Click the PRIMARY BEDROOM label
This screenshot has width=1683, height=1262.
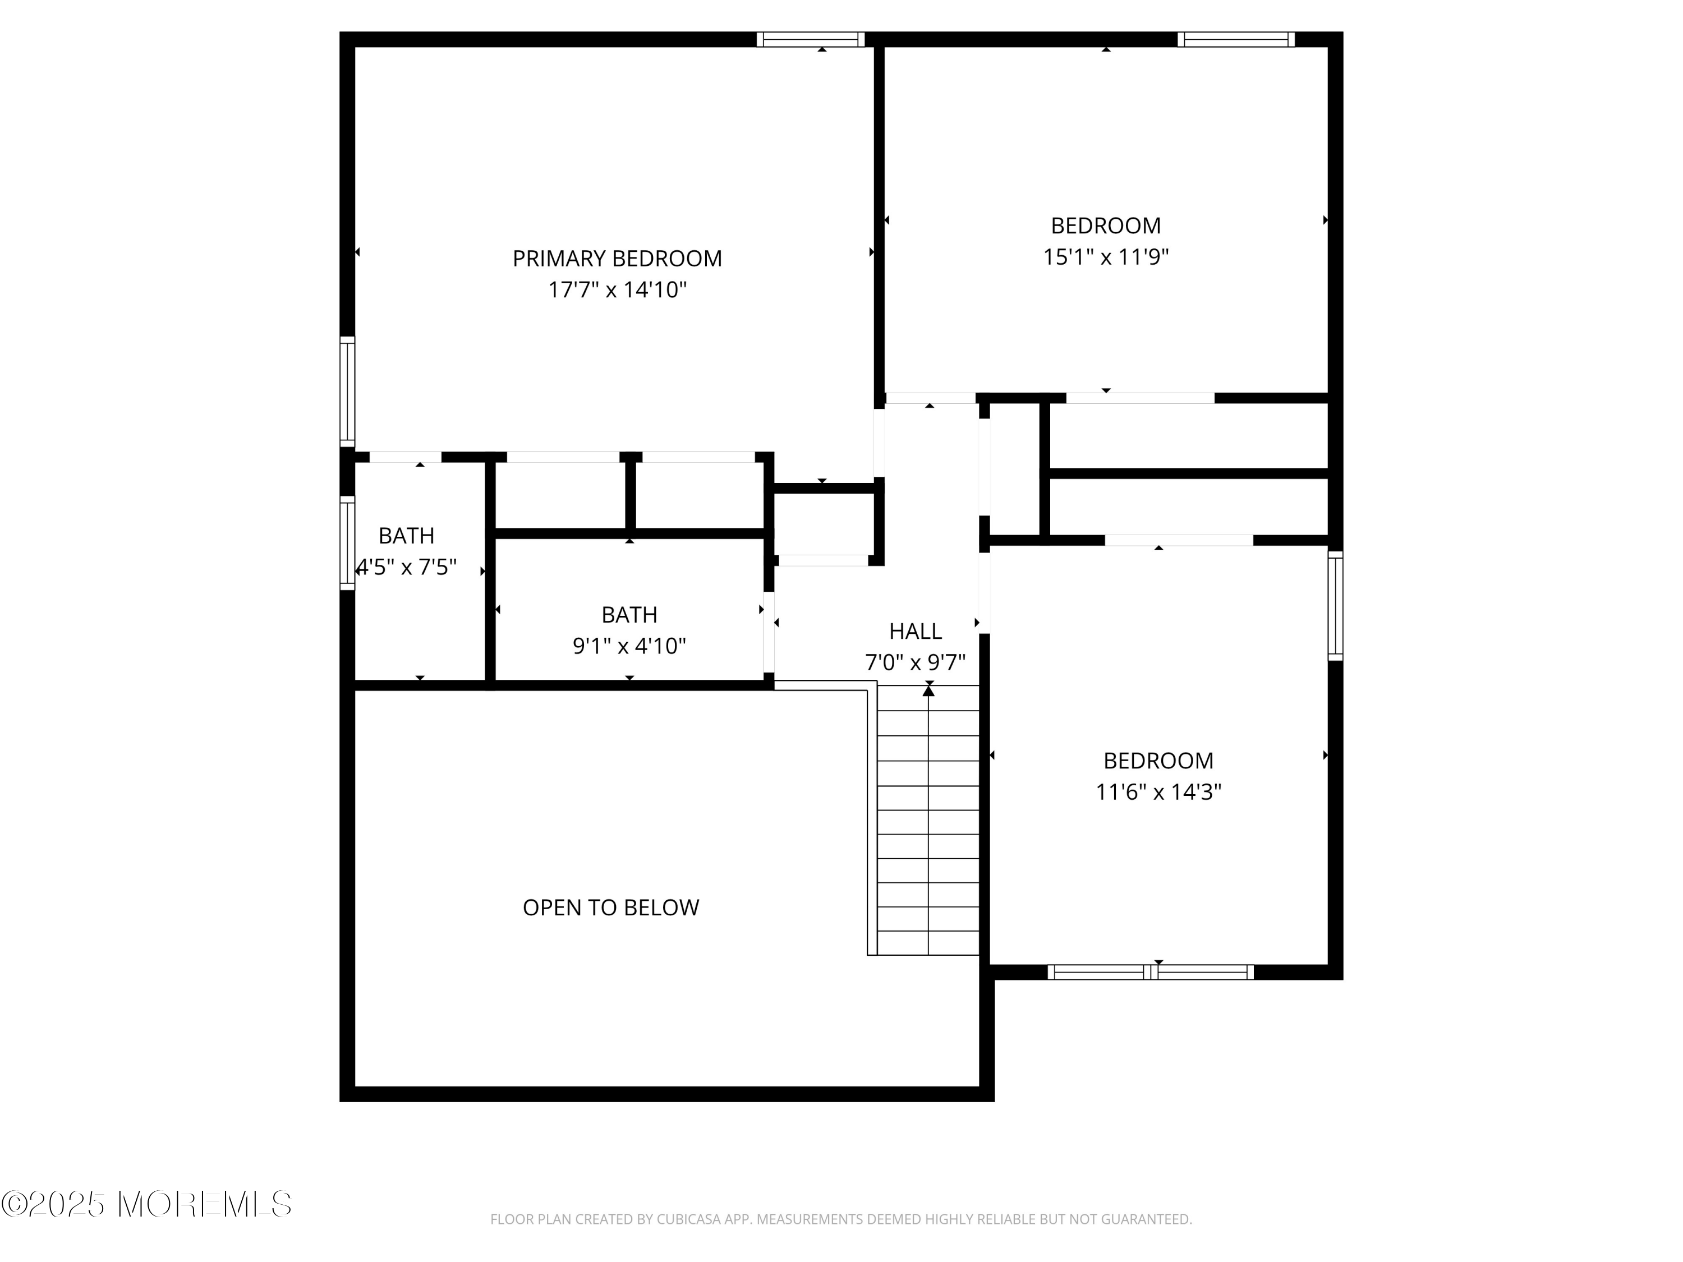617,259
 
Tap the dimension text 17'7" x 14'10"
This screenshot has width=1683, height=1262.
617,290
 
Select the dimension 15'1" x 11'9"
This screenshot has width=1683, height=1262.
1106,257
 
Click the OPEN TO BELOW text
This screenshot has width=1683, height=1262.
611,908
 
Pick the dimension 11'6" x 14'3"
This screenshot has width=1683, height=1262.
1158,792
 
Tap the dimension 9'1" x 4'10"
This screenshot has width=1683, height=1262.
629,646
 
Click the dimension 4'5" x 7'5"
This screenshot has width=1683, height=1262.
407,568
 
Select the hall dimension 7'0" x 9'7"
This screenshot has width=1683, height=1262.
916,662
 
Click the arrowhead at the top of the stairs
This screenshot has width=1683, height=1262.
928,690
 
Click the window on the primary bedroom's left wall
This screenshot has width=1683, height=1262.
347,391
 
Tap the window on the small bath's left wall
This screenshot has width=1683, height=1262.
347,542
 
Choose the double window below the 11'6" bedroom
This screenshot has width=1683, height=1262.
1151,971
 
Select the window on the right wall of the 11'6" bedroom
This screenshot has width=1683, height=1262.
1335,606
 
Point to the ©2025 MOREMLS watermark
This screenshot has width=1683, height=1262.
146,1204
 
